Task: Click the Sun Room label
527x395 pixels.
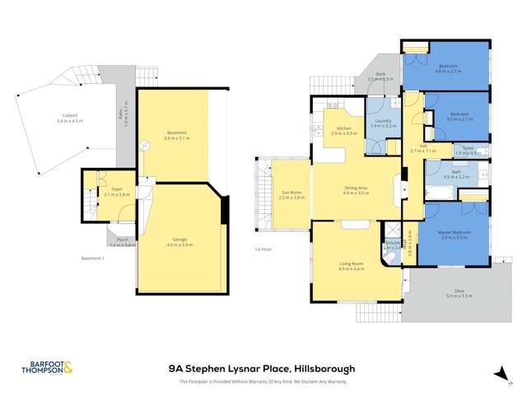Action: coord(291,194)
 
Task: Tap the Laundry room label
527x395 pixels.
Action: coord(383,123)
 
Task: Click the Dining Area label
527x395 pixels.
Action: coord(357,189)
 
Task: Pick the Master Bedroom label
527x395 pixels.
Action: coord(455,234)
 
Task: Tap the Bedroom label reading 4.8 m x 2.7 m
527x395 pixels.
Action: coord(448,68)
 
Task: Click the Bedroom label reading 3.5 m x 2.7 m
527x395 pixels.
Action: coord(459,116)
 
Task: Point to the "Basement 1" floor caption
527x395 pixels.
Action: coord(92,258)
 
